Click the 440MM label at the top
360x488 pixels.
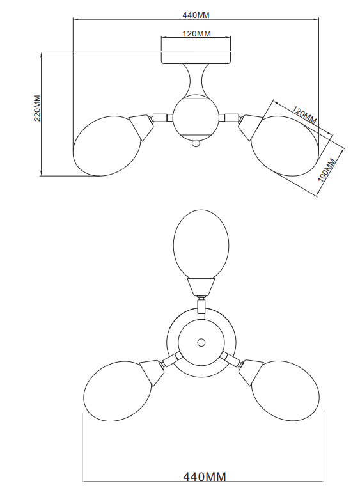(196, 15)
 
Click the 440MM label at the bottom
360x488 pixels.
(205, 476)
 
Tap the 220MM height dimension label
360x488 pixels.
(37, 108)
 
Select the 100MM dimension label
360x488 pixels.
(326, 169)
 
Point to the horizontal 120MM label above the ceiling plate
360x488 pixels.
(196, 33)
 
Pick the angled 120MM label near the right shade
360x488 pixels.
(304, 115)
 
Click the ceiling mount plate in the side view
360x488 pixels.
(196, 58)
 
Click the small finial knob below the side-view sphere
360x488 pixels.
(196, 143)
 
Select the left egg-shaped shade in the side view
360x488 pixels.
(107, 146)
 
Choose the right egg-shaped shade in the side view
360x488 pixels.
(285, 146)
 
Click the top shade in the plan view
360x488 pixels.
(201, 244)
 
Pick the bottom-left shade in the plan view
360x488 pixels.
(118, 391)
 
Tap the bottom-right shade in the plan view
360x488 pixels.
(285, 391)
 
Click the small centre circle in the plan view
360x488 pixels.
(201, 343)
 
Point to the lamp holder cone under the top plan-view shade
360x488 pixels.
(201, 287)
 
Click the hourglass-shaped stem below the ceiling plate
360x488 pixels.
(196, 79)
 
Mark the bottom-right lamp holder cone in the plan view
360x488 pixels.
(251, 372)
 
